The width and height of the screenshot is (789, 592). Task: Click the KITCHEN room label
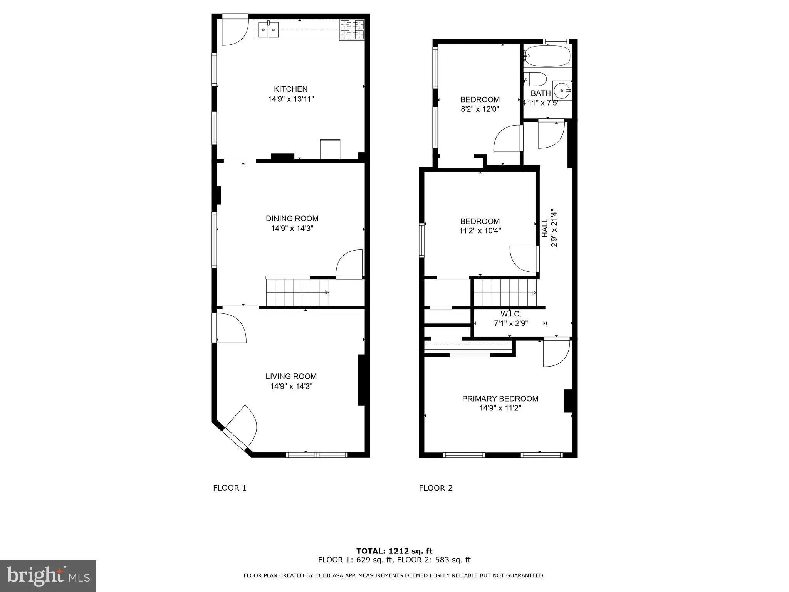pos(290,89)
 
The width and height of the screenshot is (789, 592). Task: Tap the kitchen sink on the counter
pos(269,29)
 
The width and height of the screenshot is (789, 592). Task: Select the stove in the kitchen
pos(352,30)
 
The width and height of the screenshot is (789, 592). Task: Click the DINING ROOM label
pos(292,219)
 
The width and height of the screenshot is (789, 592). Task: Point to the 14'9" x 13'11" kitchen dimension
pos(291,99)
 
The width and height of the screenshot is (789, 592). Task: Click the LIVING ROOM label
pos(291,377)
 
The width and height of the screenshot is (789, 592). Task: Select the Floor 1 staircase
pos(297,292)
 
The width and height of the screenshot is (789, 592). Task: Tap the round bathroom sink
pos(562,91)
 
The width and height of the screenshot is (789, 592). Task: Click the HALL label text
pos(545,228)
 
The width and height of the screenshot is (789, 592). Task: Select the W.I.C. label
pos(510,314)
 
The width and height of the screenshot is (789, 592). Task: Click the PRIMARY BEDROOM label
pos(500,399)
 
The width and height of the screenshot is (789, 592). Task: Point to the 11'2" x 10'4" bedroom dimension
pos(480,231)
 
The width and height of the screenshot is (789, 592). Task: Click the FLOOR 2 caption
pos(436,488)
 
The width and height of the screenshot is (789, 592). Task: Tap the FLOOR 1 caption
pos(230,488)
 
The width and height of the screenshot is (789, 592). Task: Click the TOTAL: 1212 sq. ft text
pos(394,551)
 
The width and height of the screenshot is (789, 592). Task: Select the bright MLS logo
pos(48,576)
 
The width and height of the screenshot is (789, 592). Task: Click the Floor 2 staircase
pos(505,293)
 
